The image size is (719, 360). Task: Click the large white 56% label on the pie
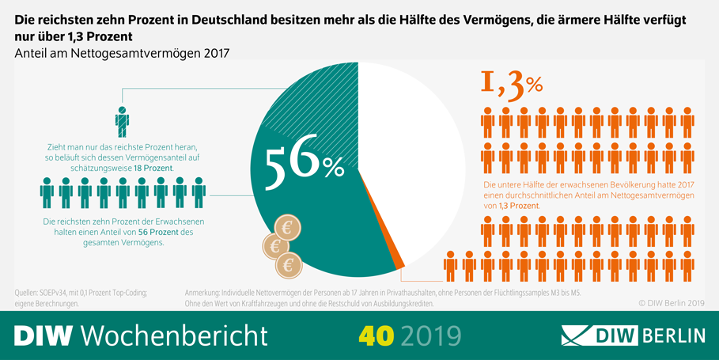coord(305,162)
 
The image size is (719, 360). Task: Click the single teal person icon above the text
coord(122,122)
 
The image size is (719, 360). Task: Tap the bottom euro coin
coord(289,263)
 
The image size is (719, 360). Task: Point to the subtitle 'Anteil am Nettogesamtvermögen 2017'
coord(121,54)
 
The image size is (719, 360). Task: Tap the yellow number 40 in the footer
coord(377,335)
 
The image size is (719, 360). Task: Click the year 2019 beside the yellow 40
coord(430,335)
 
